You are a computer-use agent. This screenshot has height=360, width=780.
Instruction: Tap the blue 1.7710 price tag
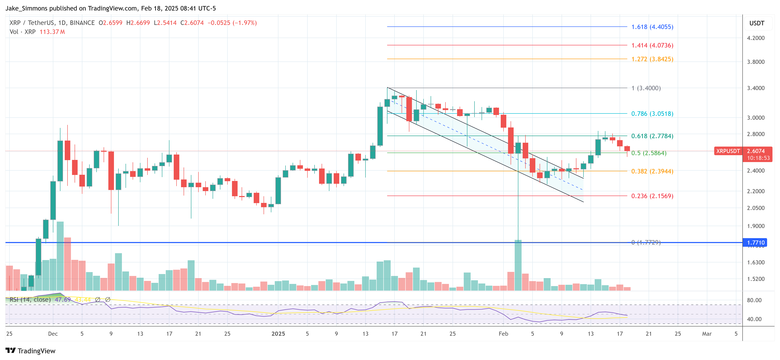[755, 242]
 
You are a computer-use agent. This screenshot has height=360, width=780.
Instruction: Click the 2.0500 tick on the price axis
[755, 208]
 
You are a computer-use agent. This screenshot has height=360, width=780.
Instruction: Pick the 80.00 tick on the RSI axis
[754, 300]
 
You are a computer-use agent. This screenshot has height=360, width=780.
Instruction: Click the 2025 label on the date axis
[278, 334]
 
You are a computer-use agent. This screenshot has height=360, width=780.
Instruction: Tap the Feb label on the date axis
[503, 334]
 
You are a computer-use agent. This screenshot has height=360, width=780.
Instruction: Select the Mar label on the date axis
[707, 334]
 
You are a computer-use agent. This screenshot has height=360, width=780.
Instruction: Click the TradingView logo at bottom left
[31, 351]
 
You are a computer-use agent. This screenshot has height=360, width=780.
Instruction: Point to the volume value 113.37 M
[52, 32]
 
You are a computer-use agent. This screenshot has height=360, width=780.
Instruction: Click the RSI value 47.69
[63, 300]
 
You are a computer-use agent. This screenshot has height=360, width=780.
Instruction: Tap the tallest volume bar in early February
[518, 265]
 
